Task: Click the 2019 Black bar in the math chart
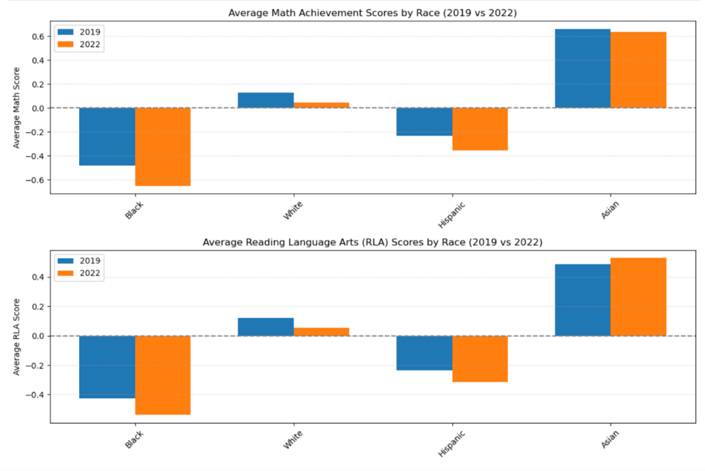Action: click(107, 136)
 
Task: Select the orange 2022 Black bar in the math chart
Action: click(162, 147)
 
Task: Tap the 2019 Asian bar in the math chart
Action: click(582, 68)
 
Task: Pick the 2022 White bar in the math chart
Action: click(322, 105)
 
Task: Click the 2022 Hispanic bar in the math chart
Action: click(480, 129)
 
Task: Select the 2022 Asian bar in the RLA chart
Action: click(638, 297)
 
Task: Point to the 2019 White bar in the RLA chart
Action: click(266, 327)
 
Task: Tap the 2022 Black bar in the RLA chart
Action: click(162, 375)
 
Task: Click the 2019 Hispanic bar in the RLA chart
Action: click(424, 353)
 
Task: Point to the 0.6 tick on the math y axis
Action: click(39, 36)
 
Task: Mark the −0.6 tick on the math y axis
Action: click(36, 180)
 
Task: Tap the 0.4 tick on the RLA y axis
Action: click(39, 277)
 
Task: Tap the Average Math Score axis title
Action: click(17, 108)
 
